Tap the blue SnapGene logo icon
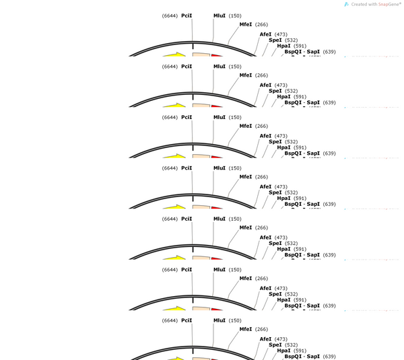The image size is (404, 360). click(347, 5)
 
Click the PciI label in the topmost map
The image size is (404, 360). click(187, 15)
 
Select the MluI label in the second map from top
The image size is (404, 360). click(220, 67)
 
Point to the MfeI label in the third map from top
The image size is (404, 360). click(246, 126)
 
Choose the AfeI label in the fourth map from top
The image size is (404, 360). click(265, 186)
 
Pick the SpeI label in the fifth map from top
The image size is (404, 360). click(275, 244)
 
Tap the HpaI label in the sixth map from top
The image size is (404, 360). click(283, 299)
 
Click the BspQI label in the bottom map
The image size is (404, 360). click(293, 357)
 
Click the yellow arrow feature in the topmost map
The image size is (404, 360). click(174, 55)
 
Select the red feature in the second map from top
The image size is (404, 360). click(217, 106)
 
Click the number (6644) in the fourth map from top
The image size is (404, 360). click(170, 168)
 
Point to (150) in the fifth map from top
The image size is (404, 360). click(235, 219)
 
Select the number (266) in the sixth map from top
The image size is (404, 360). click(261, 279)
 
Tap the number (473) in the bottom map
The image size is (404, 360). click(281, 339)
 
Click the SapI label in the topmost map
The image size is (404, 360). click(313, 52)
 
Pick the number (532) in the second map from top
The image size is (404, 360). click(291, 91)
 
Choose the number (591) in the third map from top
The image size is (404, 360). click(300, 147)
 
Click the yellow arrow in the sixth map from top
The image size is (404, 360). click(174, 308)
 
